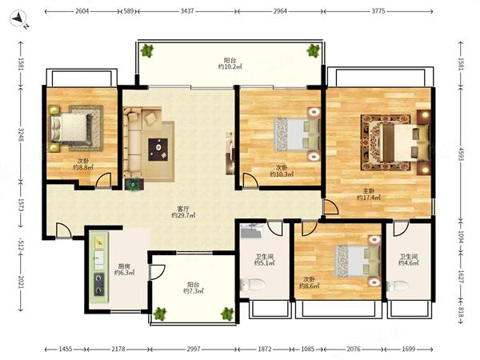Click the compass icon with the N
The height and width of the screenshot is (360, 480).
coord(19,19)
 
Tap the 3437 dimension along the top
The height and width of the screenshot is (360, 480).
coord(187,11)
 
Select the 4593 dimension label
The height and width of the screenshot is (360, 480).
coord(461,153)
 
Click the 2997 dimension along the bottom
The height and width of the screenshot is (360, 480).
coord(194,349)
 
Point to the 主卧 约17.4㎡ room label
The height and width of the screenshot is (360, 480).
coord(369,194)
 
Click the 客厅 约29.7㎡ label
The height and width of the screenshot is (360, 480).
coord(183,212)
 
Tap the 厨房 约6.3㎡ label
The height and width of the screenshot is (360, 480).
coord(124,270)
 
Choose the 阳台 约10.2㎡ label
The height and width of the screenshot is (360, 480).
coord(230,63)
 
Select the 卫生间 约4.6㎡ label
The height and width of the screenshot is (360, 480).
coord(408,259)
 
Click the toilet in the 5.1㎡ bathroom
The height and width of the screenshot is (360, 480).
coord(253,285)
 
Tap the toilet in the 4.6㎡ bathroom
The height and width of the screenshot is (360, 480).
coord(398,286)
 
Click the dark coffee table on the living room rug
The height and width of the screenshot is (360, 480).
coord(158,150)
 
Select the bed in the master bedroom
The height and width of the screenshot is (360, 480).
coord(399,142)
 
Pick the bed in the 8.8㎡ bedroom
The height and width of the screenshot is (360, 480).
coord(72,127)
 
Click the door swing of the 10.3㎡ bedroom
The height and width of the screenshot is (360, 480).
coord(250,180)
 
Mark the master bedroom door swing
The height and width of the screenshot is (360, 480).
coord(331,207)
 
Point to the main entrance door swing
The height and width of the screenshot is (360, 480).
coord(64,230)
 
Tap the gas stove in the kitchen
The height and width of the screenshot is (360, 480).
coord(98,285)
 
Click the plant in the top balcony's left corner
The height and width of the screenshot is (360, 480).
coord(147,50)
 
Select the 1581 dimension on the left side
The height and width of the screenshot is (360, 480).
coord(21,64)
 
